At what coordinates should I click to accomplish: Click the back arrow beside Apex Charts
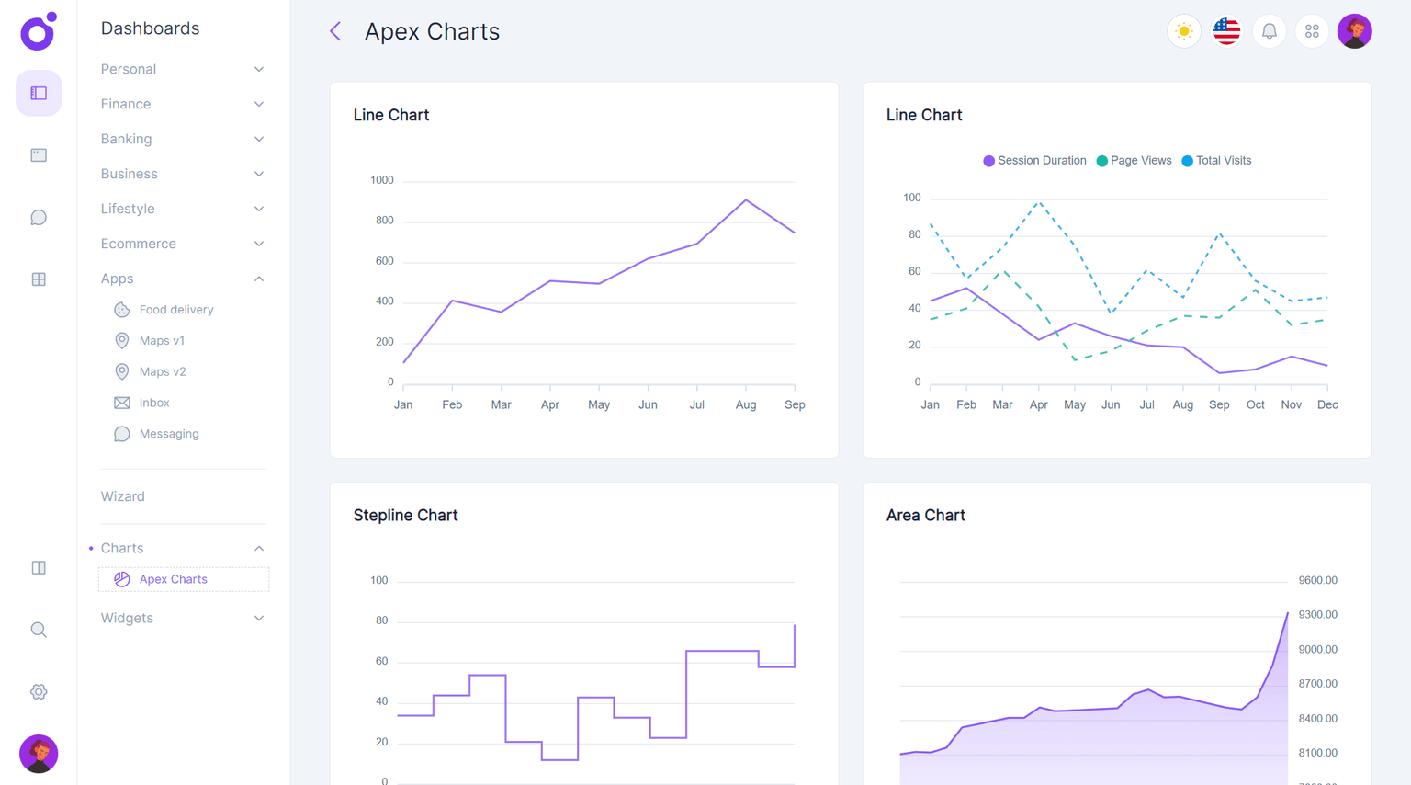click(x=335, y=31)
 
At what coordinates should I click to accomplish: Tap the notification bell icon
click(x=1269, y=31)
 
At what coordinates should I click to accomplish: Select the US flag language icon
click(x=1226, y=31)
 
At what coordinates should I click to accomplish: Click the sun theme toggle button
click(x=1183, y=31)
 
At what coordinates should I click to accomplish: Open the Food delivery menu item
click(x=175, y=310)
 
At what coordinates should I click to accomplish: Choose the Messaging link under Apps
click(x=168, y=434)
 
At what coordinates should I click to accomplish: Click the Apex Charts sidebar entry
click(x=173, y=579)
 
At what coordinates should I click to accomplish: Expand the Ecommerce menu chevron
click(x=259, y=244)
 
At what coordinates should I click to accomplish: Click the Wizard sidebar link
click(x=122, y=496)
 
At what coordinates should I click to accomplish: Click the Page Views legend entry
click(x=1140, y=161)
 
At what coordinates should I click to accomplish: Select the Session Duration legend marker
click(x=988, y=161)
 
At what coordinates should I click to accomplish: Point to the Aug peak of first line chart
click(x=746, y=199)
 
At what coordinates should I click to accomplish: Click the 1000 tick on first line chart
click(x=381, y=180)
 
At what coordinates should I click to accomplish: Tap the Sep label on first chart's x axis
click(x=795, y=404)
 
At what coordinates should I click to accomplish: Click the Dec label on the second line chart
click(x=1326, y=404)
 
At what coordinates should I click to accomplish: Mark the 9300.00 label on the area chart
click(x=1317, y=614)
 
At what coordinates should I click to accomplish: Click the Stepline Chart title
click(x=405, y=516)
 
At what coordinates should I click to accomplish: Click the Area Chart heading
click(x=925, y=516)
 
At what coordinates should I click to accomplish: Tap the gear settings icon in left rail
click(x=39, y=692)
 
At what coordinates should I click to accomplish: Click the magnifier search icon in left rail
click(x=39, y=630)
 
